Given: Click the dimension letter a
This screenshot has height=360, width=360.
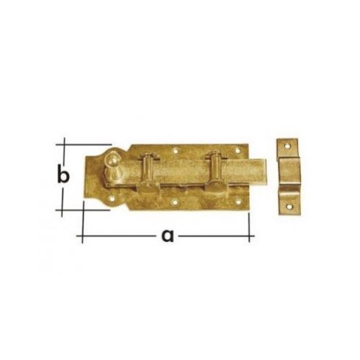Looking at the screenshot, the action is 168,235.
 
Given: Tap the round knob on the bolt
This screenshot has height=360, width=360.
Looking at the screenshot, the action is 112,159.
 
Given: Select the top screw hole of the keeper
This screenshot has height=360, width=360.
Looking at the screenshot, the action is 287,145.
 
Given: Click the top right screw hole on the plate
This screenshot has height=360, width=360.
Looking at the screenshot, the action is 238,150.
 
